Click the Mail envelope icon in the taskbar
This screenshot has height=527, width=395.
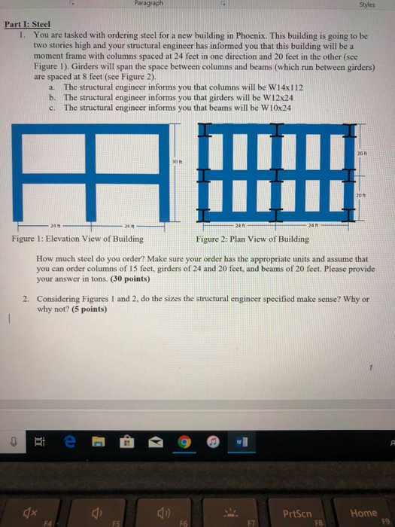pyautogui.click(x=157, y=443)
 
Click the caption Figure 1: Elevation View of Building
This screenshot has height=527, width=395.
pyautogui.click(x=77, y=239)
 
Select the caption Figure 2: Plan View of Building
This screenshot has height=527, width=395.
pyautogui.click(x=252, y=239)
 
